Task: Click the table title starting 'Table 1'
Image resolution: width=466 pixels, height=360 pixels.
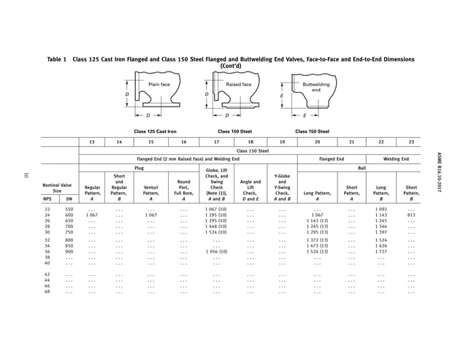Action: (x=233, y=61)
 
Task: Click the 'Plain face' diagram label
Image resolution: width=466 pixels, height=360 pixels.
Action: (x=159, y=85)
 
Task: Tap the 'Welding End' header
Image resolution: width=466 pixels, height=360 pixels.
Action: (x=397, y=158)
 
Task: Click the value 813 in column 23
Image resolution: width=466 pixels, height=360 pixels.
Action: (x=411, y=215)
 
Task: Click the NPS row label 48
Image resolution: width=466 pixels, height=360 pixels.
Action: (x=47, y=292)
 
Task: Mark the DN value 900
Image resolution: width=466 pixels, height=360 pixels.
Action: (x=69, y=251)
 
